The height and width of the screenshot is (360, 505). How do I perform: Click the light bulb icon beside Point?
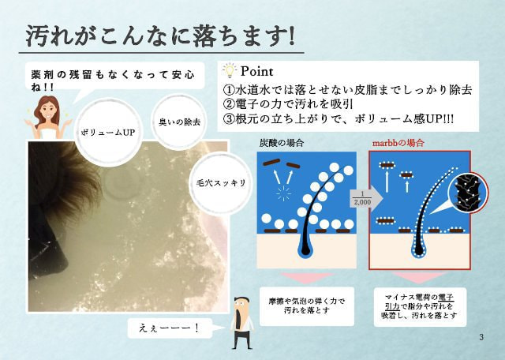(x=230, y=70)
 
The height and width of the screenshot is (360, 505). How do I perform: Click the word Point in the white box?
(x=257, y=72)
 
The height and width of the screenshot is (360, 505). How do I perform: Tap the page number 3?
(x=481, y=337)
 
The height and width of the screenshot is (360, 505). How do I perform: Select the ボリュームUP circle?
(x=108, y=133)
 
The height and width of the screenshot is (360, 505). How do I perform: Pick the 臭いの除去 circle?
(x=179, y=122)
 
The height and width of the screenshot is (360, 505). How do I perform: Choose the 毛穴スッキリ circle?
(x=221, y=183)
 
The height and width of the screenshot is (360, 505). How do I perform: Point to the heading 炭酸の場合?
(x=282, y=143)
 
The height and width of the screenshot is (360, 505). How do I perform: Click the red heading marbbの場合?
(x=398, y=143)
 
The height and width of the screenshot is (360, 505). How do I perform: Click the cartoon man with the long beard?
(x=242, y=322)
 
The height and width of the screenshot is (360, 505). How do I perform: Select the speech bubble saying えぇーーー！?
(x=170, y=328)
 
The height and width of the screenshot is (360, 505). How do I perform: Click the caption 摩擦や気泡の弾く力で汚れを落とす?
(x=307, y=306)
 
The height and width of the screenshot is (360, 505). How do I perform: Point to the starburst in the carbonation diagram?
(x=284, y=193)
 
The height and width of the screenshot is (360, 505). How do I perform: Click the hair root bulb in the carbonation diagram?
(x=305, y=249)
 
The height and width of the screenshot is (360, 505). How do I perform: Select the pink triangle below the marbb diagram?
(x=419, y=277)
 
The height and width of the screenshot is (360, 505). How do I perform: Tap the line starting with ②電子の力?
(x=288, y=104)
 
